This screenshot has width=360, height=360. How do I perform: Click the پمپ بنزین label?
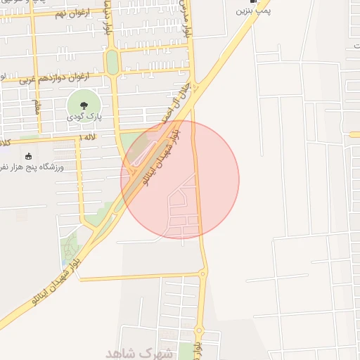[253, 11]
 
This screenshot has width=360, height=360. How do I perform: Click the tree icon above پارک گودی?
[82, 103]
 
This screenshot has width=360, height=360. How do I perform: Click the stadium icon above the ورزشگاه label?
[28, 156]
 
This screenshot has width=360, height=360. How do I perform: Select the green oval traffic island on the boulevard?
[111, 62]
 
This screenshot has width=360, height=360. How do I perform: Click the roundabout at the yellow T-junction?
[202, 273]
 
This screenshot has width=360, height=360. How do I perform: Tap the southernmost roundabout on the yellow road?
[198, 330]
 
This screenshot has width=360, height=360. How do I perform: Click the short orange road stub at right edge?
[354, 134]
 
